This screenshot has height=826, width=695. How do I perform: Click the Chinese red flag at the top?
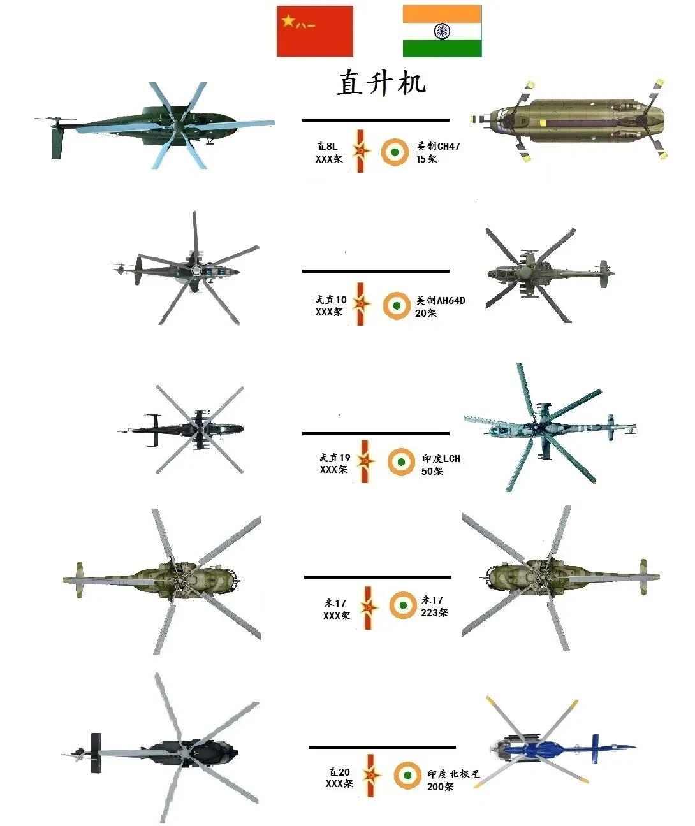click(x=314, y=31)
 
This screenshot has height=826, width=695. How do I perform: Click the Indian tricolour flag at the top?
click(x=442, y=31)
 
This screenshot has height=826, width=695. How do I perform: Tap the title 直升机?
click(x=381, y=82)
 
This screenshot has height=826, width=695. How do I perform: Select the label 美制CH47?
click(x=439, y=147)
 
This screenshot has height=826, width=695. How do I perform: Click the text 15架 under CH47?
click(x=427, y=159)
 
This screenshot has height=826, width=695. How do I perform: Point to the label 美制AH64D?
click(x=441, y=301)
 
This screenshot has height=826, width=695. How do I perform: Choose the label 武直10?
click(x=331, y=300)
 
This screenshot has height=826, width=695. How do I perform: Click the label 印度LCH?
click(x=441, y=458)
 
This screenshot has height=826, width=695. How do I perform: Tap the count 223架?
click(x=434, y=612)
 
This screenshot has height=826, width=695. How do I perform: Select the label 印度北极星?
click(x=453, y=774)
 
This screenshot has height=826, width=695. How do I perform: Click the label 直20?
click(x=339, y=772)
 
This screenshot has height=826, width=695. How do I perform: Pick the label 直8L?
click(x=327, y=147)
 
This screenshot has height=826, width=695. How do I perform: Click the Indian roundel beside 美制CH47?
click(x=395, y=152)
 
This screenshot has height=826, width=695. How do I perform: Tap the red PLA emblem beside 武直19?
click(x=365, y=461)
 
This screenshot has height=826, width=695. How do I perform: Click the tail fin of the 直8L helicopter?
click(x=57, y=143)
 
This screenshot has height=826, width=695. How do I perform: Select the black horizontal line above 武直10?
click(x=376, y=271)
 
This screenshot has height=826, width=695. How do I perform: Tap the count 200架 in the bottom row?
click(x=440, y=786)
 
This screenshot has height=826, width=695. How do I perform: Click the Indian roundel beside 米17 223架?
click(x=403, y=605)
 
